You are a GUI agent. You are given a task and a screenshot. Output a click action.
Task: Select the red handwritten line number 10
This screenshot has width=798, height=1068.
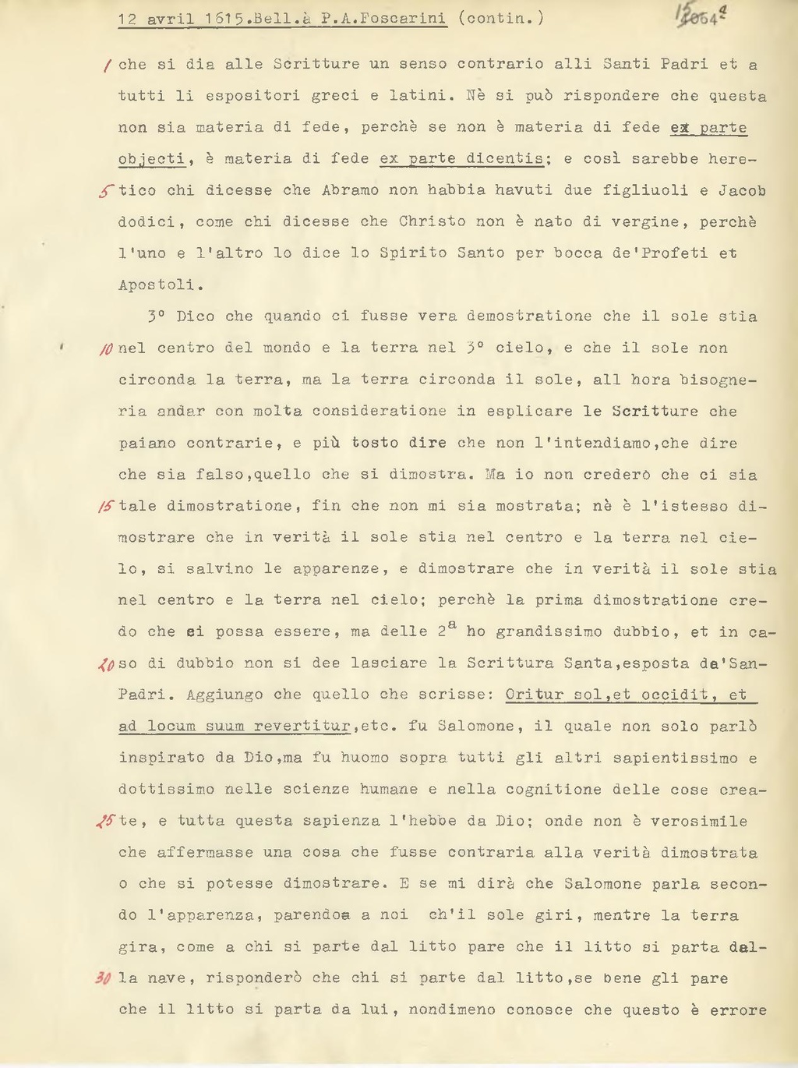(x=108, y=348)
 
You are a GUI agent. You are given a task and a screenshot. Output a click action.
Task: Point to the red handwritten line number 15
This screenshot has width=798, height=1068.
(x=107, y=507)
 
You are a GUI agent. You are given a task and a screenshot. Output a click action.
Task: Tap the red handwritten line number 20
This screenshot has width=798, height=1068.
(x=107, y=664)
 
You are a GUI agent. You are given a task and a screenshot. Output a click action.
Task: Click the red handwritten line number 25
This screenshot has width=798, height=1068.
(x=107, y=822)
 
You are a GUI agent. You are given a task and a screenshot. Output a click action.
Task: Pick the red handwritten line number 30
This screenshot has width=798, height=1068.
(x=107, y=979)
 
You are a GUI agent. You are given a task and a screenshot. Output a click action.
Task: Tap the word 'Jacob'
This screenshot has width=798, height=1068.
(x=742, y=191)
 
